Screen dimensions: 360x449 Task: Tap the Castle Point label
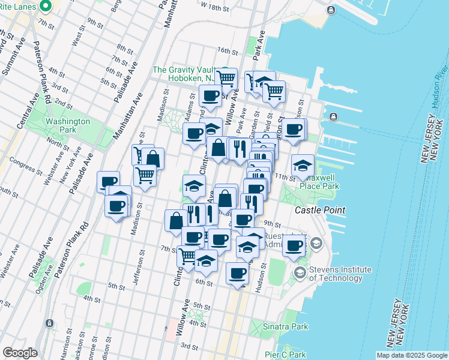pos(320,210)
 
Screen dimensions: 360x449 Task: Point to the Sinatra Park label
pos(286,327)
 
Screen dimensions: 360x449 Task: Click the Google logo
pos(20,353)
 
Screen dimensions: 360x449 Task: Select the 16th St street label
pos(228,51)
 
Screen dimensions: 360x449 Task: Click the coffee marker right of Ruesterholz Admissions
pos(294,245)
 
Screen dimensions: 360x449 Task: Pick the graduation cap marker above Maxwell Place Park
pos(303,164)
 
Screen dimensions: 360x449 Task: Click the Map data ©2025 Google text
pos(412,355)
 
